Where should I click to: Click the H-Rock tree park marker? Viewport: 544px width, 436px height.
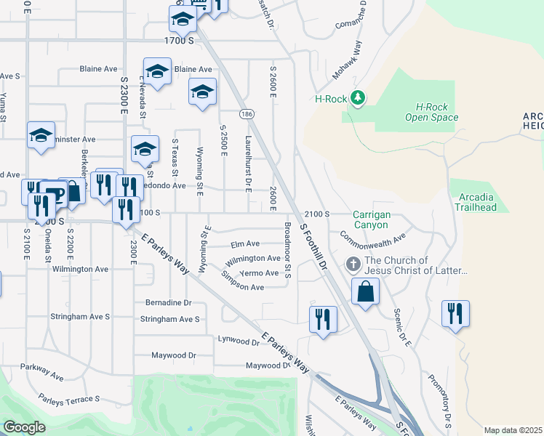pyautogui.click(x=357, y=98)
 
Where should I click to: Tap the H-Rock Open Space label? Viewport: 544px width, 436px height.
pyautogui.click(x=431, y=111)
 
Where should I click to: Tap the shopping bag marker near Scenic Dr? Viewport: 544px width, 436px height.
pyautogui.click(x=365, y=292)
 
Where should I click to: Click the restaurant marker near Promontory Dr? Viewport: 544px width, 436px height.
pyautogui.click(x=455, y=314)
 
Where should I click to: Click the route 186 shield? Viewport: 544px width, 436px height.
pyautogui.click(x=247, y=114)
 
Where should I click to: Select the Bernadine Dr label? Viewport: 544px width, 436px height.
pyautogui.click(x=168, y=302)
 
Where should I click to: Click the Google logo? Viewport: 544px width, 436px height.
pyautogui.click(x=24, y=427)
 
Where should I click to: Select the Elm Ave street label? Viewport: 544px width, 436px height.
pyautogui.click(x=245, y=244)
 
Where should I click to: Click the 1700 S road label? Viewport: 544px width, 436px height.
pyautogui.click(x=179, y=41)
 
